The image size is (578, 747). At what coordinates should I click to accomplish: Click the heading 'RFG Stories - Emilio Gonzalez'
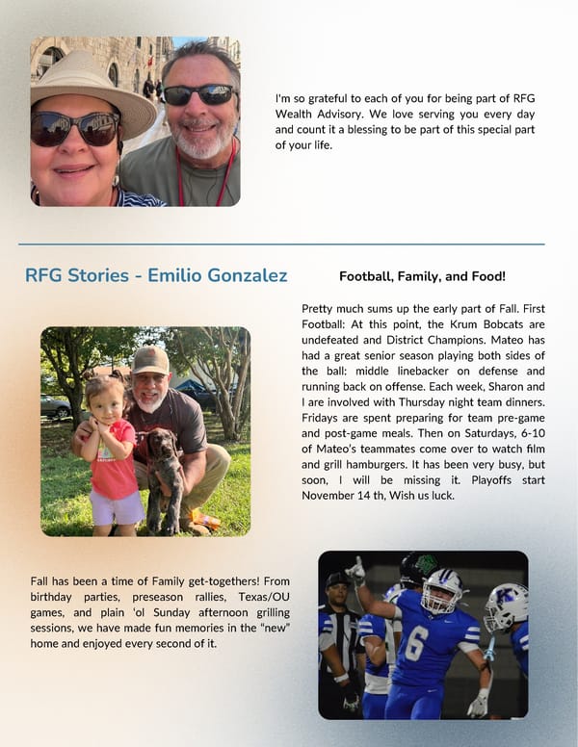[x=156, y=276]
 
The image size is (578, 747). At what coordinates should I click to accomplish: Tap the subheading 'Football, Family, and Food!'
[x=422, y=276]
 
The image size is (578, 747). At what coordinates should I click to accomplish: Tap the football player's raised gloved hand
[x=356, y=571]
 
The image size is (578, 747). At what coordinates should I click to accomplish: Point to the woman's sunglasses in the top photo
[x=76, y=128]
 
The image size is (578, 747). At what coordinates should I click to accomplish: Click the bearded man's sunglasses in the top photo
[x=198, y=93]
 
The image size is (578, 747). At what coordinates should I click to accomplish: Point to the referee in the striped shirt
[x=338, y=635]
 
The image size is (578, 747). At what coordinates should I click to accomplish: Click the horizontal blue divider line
[x=281, y=245]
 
